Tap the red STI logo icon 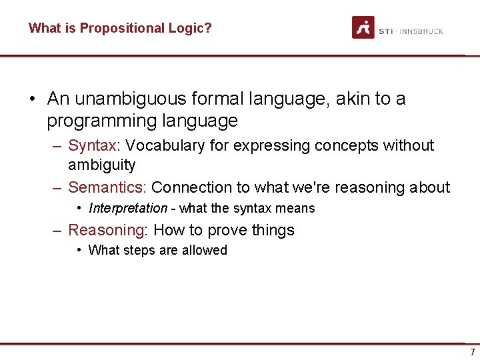363,27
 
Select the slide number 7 472,352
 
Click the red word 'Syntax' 92,145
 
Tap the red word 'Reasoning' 107,230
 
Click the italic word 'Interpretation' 127,208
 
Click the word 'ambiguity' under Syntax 101,165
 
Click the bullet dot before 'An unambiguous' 32,99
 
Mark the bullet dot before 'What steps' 79,250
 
